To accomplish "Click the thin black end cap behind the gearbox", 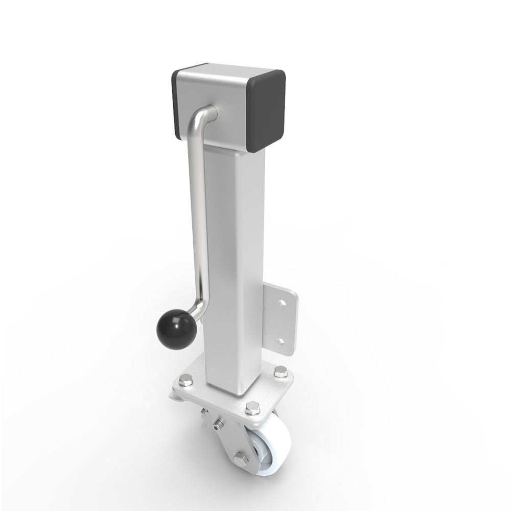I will pos(176,105).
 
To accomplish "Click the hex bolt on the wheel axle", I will pos(241,458).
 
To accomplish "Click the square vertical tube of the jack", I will pos(235,255).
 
